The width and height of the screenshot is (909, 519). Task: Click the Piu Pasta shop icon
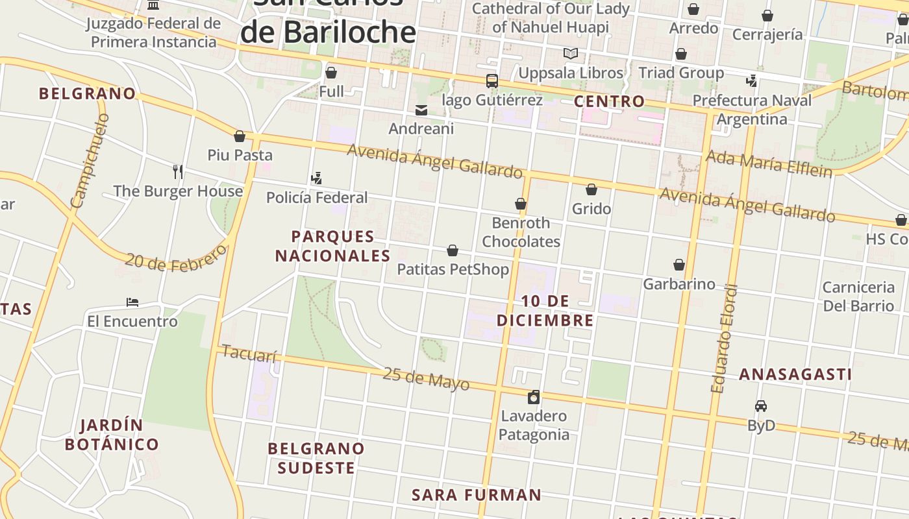pyautogui.click(x=240, y=136)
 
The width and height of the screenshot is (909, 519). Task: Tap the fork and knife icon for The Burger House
pyautogui.click(x=178, y=171)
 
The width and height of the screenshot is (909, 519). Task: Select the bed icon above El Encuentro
pyautogui.click(x=132, y=302)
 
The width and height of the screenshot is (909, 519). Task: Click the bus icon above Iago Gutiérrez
pyautogui.click(x=492, y=81)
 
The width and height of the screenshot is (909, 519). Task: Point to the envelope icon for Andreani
pyautogui.click(x=421, y=110)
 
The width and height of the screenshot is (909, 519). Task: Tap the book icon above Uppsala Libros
pyautogui.click(x=571, y=53)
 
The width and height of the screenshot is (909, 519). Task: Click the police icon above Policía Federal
pyautogui.click(x=317, y=178)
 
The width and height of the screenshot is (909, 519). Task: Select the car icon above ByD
pyautogui.click(x=761, y=406)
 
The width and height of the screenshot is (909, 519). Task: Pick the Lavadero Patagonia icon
pyautogui.click(x=534, y=397)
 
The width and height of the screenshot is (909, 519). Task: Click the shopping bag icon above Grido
pyautogui.click(x=591, y=189)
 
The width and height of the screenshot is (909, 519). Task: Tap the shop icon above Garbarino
pyautogui.click(x=679, y=265)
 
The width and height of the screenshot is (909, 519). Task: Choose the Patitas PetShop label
pyautogui.click(x=453, y=269)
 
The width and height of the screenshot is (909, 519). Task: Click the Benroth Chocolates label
pyautogui.click(x=521, y=232)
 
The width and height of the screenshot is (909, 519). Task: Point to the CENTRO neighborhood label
pyautogui.click(x=609, y=101)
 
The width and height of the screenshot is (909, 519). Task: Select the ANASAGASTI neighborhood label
pyautogui.click(x=795, y=374)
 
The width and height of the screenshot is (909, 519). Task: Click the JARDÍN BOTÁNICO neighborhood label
pyautogui.click(x=112, y=435)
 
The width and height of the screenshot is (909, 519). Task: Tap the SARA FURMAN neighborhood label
pyautogui.click(x=477, y=495)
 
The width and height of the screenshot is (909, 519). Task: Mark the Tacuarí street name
pyautogui.click(x=249, y=354)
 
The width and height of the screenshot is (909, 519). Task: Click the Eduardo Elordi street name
pyautogui.click(x=724, y=339)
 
